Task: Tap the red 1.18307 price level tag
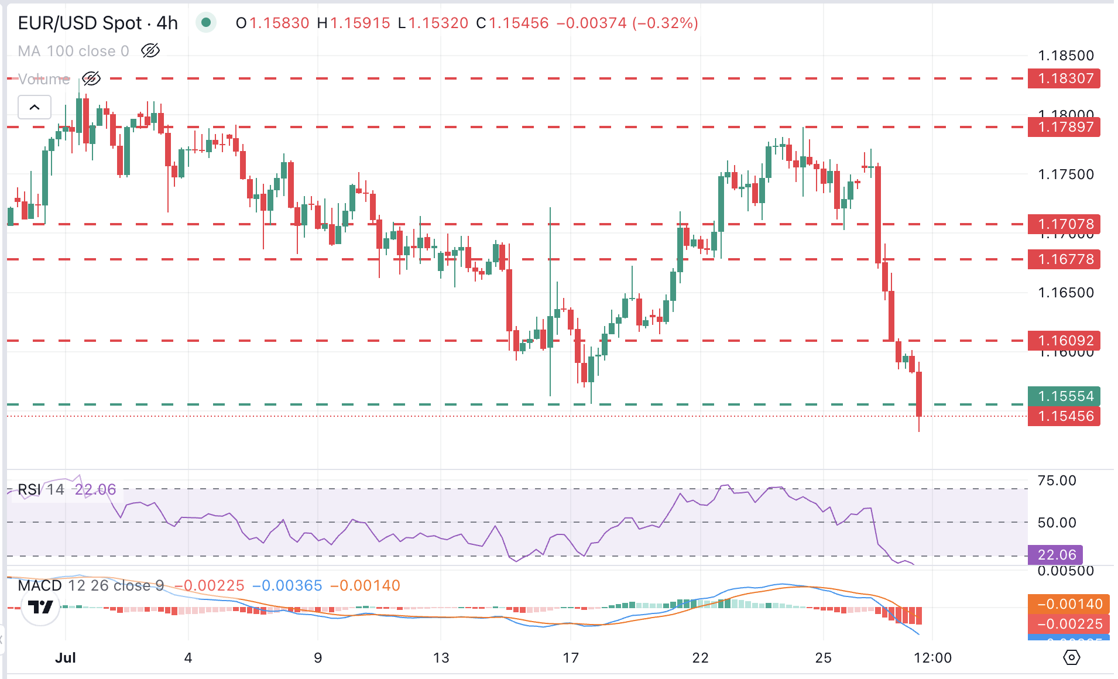(1064, 78)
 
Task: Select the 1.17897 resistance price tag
(1064, 127)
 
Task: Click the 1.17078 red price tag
(1064, 224)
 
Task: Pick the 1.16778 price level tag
(1064, 259)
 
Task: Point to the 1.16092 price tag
(1064, 341)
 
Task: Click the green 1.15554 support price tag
(1064, 396)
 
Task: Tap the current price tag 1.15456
(1064, 416)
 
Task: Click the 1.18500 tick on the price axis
(1065, 56)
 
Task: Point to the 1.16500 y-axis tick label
(1065, 293)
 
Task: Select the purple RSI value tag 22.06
(1055, 555)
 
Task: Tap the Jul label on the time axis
(66, 658)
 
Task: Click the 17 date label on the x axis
(571, 658)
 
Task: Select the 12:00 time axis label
(932, 658)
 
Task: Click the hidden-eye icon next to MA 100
(150, 51)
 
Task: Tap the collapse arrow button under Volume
(35, 108)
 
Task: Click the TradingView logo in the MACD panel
(40, 607)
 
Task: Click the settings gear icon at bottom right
(1071, 657)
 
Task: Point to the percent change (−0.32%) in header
(665, 23)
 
